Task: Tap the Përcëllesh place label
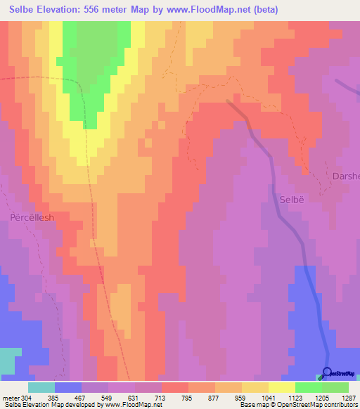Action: [32, 217]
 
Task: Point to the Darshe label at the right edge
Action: [346, 176]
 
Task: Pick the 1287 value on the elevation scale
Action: [349, 398]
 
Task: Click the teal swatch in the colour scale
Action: [41, 387]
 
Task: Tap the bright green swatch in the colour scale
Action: [308, 387]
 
